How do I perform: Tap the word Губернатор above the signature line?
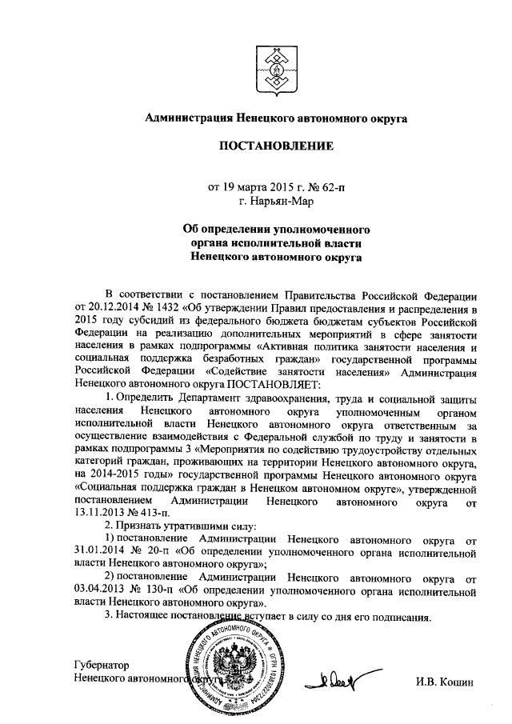[100, 666]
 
